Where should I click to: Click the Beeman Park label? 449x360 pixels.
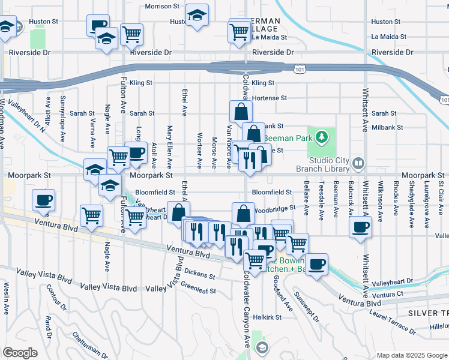tap(292, 138)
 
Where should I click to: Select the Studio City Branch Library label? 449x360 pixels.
tap(329, 164)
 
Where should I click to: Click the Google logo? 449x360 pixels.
tap(20, 353)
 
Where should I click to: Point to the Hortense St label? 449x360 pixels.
tap(270, 98)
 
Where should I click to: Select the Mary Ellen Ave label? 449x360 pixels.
tap(170, 146)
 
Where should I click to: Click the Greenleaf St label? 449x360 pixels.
tap(199, 290)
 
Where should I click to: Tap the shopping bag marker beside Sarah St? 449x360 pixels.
tap(241, 112)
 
